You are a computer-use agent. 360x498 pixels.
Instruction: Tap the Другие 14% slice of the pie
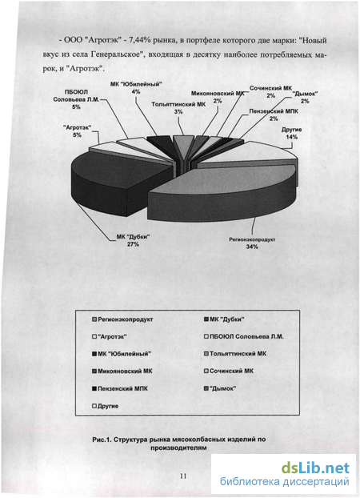pos(250,155)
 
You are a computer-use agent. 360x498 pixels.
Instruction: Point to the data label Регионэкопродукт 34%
pos(252,243)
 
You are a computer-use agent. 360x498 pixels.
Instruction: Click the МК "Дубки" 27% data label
pos(133,240)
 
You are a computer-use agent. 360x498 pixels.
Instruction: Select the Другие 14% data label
pos(291,134)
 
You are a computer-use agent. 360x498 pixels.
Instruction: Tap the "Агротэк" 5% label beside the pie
pos(77,131)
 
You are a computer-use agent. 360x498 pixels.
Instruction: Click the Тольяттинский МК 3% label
pos(178,108)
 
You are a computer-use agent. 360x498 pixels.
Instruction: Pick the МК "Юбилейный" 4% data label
pos(136,88)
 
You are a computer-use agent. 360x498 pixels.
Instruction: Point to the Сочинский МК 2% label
pos(270,91)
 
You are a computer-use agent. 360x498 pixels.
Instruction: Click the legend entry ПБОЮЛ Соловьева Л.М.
pos(244,336)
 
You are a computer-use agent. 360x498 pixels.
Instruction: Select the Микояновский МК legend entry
pos(122,371)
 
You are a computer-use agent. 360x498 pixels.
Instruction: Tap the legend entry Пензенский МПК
pos(120,388)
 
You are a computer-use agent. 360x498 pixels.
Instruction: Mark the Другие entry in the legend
pos(105,406)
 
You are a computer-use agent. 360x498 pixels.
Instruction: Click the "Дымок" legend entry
pos(220,388)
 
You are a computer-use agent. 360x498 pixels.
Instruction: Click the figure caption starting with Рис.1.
pos(179,444)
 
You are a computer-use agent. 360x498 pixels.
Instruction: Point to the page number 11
pos(183,476)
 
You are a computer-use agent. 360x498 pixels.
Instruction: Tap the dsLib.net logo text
pos(315,468)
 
